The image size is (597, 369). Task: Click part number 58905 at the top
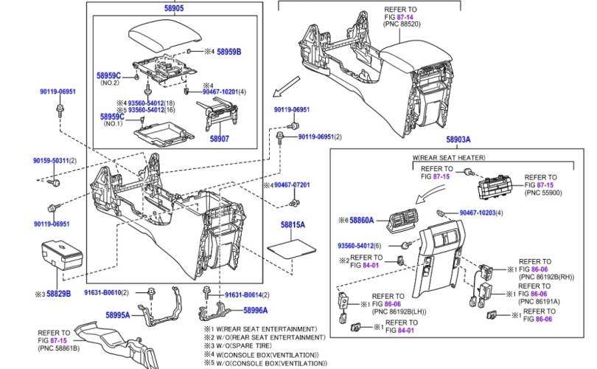[174, 8]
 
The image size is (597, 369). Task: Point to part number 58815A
[293, 223]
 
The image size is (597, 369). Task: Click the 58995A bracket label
[117, 315]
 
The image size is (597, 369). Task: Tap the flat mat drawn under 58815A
[292, 245]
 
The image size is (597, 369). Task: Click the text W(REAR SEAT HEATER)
[449, 158]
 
